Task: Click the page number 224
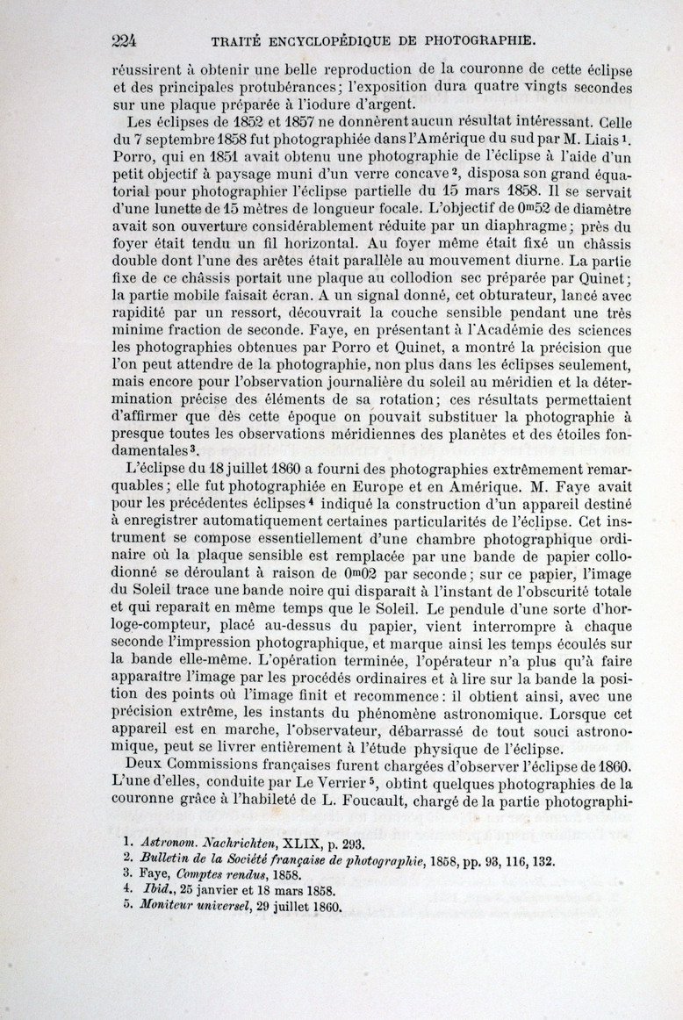click(x=128, y=40)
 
